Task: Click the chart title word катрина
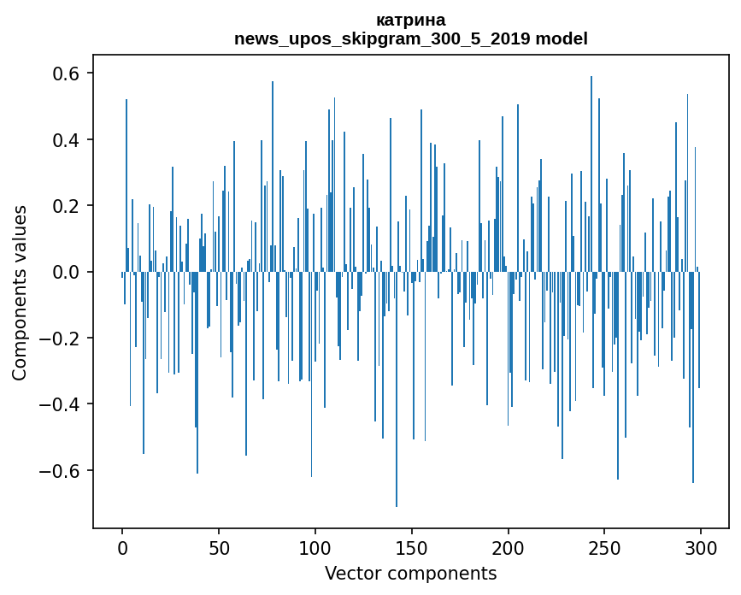pyautogui.click(x=410, y=21)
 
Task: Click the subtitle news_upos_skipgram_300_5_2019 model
pyautogui.click(x=410, y=38)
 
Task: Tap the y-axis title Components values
pyautogui.click(x=20, y=292)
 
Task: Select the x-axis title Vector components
pyautogui.click(x=410, y=574)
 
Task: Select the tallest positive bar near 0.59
pyautogui.click(x=591, y=171)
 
